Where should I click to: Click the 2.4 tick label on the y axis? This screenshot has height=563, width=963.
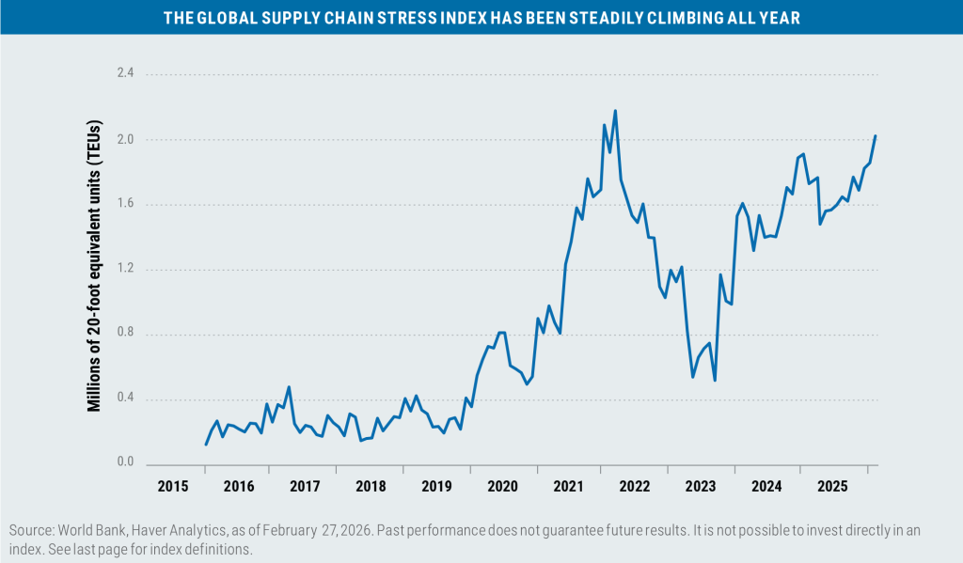(x=126, y=73)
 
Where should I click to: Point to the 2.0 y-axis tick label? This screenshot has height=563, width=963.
(x=126, y=140)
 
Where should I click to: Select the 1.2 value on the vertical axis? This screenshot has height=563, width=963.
(x=126, y=270)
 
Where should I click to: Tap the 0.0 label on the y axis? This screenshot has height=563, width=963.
(x=126, y=463)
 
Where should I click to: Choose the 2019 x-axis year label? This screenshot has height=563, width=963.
(x=436, y=487)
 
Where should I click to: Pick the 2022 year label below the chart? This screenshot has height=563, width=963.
(x=635, y=487)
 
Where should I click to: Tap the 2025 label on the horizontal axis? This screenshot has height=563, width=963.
(x=832, y=487)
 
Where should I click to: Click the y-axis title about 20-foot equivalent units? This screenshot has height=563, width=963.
(x=94, y=266)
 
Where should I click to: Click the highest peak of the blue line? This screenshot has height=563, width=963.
(x=615, y=111)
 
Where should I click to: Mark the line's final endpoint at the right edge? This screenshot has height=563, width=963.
(x=876, y=136)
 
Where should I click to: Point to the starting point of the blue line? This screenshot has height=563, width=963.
(x=206, y=444)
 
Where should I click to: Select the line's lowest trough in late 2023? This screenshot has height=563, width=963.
(x=716, y=380)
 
